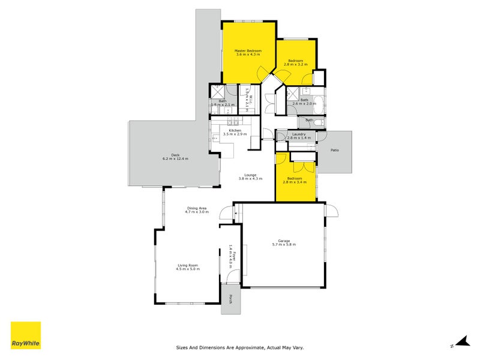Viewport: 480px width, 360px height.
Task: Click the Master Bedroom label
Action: pyautogui.click(x=248, y=51)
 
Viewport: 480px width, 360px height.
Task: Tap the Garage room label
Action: pyautogui.click(x=284, y=241)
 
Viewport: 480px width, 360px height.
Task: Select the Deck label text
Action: pyautogui.click(x=175, y=155)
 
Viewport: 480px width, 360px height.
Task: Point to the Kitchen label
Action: pyautogui.click(x=235, y=130)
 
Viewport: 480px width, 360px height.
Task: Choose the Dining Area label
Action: pyautogui.click(x=196, y=208)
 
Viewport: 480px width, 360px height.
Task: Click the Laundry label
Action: pyautogui.click(x=298, y=134)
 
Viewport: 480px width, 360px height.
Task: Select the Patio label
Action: pyautogui.click(x=334, y=150)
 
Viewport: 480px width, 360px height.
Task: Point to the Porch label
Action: pyautogui.click(x=227, y=299)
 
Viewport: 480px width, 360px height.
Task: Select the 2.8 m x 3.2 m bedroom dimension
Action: pyautogui.click(x=296, y=65)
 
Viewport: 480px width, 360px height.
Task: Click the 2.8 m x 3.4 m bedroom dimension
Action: pyautogui.click(x=296, y=182)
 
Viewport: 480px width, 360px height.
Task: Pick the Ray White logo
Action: pyautogui.click(x=26, y=335)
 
